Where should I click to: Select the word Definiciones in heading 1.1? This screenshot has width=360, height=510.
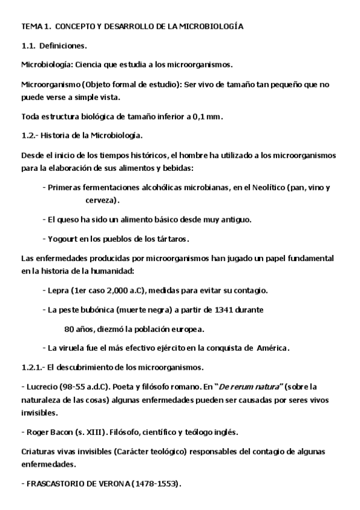(x=63, y=46)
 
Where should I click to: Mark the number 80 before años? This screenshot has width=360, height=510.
(x=69, y=329)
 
